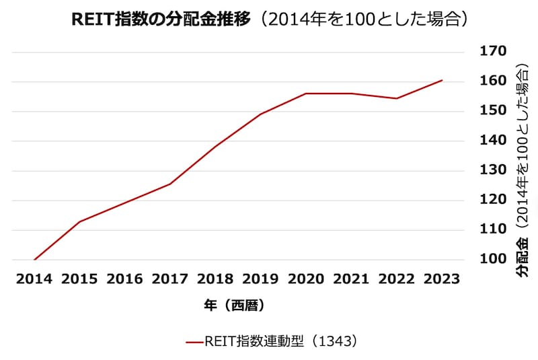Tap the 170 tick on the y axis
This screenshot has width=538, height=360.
pyautogui.click(x=492, y=51)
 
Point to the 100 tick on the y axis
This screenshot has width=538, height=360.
pyautogui.click(x=492, y=259)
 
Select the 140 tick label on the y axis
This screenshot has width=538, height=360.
pyautogui.click(x=492, y=141)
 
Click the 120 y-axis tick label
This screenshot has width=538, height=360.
pyautogui.click(x=492, y=200)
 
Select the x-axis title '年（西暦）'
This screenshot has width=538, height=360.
pyautogui.click(x=234, y=305)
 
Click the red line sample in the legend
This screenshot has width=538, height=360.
pyautogui.click(x=194, y=342)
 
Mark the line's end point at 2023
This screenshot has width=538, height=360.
pyautogui.click(x=442, y=80)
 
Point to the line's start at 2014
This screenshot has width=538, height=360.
pyautogui.click(x=34, y=259)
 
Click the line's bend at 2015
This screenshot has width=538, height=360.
pyautogui.click(x=79, y=221)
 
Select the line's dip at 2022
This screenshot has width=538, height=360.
pyautogui.click(x=396, y=98)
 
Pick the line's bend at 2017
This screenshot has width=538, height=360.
pyautogui.click(x=170, y=184)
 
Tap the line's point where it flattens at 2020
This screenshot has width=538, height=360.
pyautogui.click(x=306, y=94)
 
